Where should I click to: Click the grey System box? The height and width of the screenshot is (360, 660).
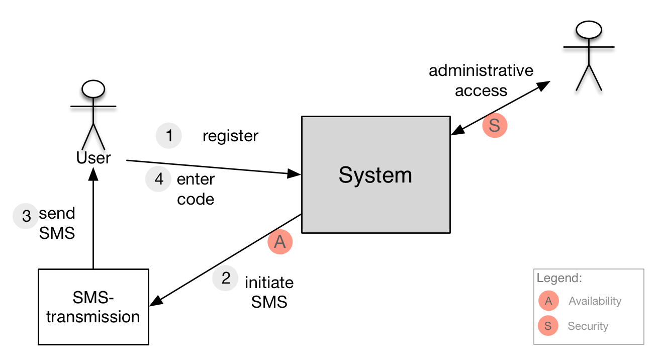pyautogui.click(x=375, y=174)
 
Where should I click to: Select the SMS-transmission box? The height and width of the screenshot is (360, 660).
pyautogui.click(x=93, y=307)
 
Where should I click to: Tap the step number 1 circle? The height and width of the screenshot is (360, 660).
pyautogui.click(x=169, y=136)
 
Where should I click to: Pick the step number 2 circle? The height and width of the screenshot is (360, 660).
pyautogui.click(x=225, y=278)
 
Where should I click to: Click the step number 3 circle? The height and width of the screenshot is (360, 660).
pyautogui.click(x=26, y=216)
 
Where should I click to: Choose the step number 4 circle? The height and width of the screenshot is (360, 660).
pyautogui.click(x=158, y=179)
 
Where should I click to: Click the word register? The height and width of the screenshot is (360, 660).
pyautogui.click(x=230, y=136)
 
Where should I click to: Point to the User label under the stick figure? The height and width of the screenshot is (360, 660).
pyautogui.click(x=93, y=157)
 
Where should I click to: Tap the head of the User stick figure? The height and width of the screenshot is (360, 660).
pyautogui.click(x=93, y=89)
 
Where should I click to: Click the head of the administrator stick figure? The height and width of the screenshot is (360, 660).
pyautogui.click(x=589, y=30)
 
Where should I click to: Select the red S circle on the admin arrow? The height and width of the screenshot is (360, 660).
pyautogui.click(x=495, y=125)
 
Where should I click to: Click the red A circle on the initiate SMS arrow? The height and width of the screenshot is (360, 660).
pyautogui.click(x=280, y=241)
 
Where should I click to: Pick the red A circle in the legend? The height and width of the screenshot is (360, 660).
pyautogui.click(x=548, y=301)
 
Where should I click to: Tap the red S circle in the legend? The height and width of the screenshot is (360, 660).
pyautogui.click(x=548, y=325)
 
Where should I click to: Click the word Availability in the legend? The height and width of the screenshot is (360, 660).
pyautogui.click(x=595, y=301)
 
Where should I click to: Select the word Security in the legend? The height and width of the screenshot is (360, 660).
pyautogui.click(x=588, y=326)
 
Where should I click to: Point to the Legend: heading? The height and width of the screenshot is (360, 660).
pyautogui.click(x=559, y=279)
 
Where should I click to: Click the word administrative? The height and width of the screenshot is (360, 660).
pyautogui.click(x=481, y=71)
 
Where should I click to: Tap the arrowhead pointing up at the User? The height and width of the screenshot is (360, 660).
pyautogui.click(x=93, y=174)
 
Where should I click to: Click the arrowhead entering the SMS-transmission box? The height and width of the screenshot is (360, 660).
pyautogui.click(x=156, y=301)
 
